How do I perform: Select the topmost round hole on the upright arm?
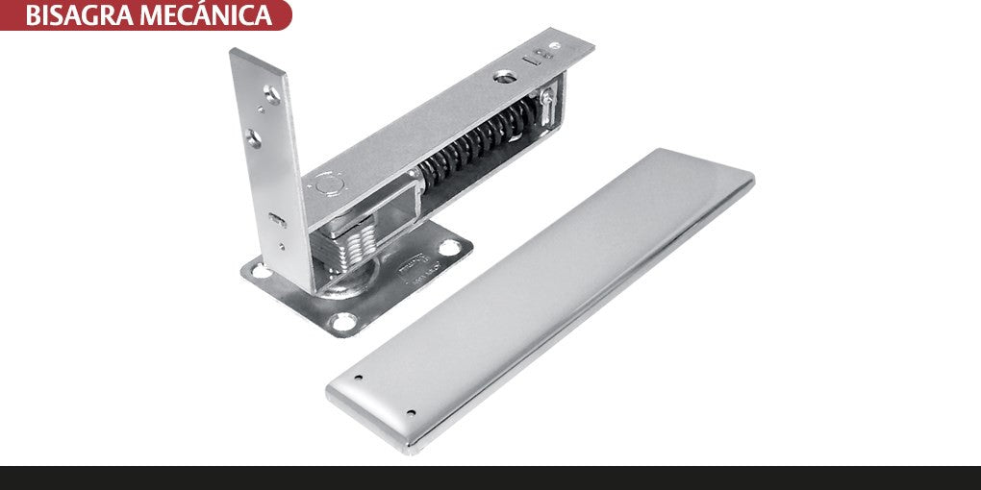pos(272,94)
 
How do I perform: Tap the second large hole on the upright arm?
pos(253,138)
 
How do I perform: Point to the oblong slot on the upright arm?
pos(277,220)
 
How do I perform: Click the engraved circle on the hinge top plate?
pos(329,184)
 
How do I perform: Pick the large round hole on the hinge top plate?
pos(504,77)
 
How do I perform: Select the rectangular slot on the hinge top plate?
pos(531,60)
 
